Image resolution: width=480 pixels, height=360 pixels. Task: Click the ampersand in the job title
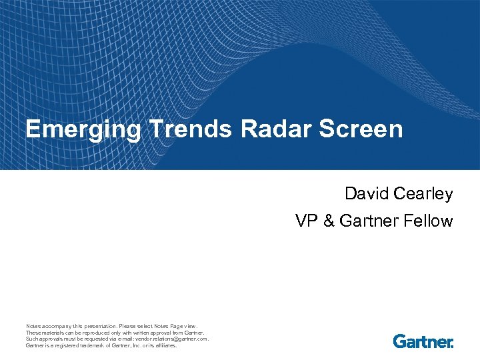(328, 221)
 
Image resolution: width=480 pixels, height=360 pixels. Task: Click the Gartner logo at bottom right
(423, 341)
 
